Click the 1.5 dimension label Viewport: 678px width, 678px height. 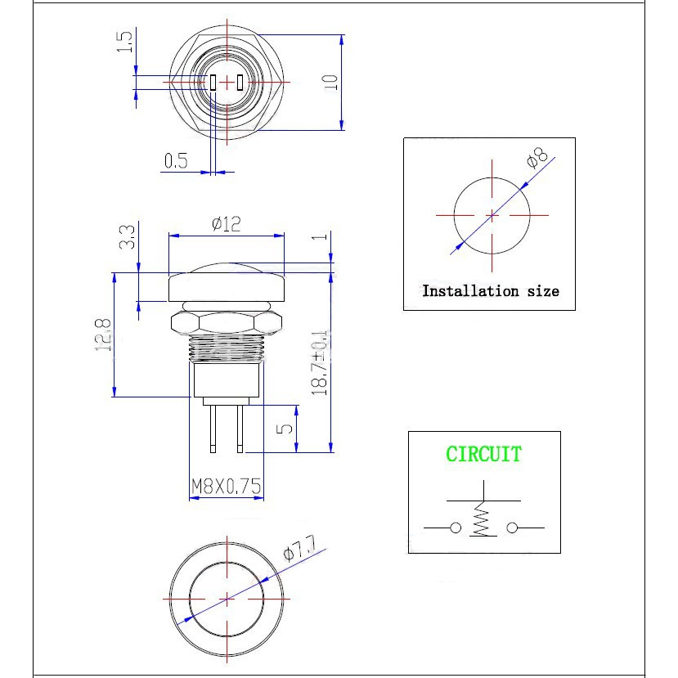click(124, 42)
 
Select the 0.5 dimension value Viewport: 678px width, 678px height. click(176, 160)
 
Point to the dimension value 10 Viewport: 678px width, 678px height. click(330, 82)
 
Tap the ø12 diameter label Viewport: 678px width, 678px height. click(226, 223)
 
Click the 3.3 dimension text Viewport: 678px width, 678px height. click(128, 236)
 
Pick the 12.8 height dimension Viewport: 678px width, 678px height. click(103, 335)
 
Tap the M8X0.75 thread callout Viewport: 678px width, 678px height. click(226, 487)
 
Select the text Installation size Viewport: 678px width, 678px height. click(490, 291)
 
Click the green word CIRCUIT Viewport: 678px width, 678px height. click(483, 454)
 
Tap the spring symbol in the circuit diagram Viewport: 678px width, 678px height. click(483, 520)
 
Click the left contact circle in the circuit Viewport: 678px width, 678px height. click(455, 528)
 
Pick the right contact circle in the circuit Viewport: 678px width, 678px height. click(512, 528)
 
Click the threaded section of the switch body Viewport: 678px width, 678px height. click(227, 350)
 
